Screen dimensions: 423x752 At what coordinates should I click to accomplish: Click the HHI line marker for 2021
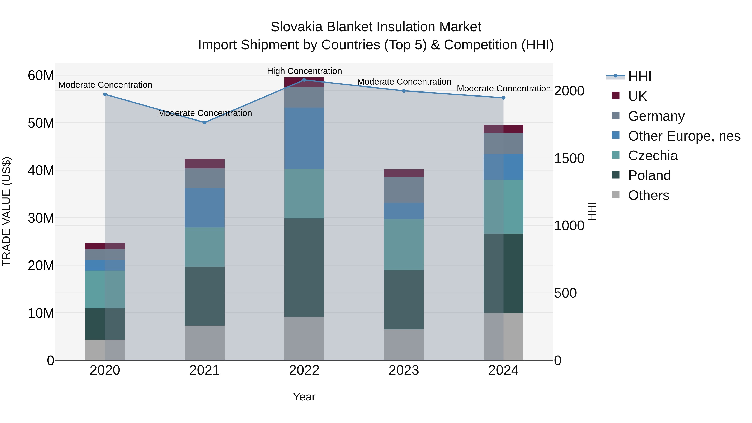(x=205, y=123)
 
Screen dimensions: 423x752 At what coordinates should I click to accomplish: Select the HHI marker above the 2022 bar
(x=304, y=80)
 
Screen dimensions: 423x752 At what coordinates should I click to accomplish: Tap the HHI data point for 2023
(x=404, y=91)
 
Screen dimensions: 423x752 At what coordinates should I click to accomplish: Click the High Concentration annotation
(x=304, y=71)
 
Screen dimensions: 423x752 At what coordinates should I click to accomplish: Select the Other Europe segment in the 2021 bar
(x=205, y=208)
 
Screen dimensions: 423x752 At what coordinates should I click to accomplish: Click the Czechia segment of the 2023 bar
(x=404, y=244)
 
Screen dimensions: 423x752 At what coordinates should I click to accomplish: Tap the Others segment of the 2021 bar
(x=205, y=343)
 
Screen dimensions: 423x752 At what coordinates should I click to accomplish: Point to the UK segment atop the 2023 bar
(x=404, y=173)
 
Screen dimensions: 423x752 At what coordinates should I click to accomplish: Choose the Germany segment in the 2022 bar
(x=304, y=97)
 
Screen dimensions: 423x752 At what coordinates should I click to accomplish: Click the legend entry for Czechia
(x=653, y=156)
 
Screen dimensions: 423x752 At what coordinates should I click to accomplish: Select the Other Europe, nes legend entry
(x=684, y=136)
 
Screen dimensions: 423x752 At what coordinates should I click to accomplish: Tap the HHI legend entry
(x=639, y=76)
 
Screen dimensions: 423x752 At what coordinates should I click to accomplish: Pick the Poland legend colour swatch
(x=616, y=175)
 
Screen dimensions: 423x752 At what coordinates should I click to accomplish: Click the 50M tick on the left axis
(x=41, y=123)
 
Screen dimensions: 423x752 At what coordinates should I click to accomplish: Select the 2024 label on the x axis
(x=503, y=370)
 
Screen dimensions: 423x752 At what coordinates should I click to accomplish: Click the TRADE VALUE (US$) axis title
(x=6, y=211)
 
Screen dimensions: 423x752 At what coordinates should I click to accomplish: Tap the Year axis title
(x=304, y=397)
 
